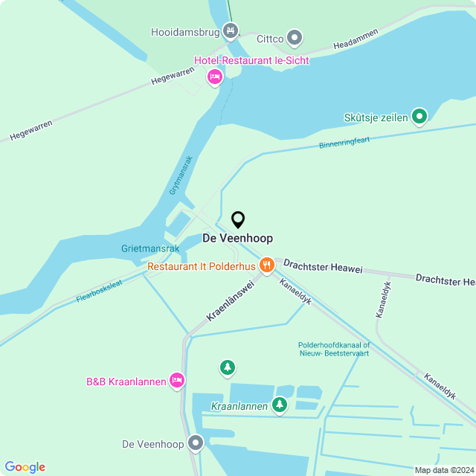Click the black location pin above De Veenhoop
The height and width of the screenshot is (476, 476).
coord(238,220)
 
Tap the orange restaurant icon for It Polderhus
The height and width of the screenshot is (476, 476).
coord(266,266)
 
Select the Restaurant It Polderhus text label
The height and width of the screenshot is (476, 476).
coord(201,266)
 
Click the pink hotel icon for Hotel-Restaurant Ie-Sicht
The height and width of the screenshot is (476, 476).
coord(215,77)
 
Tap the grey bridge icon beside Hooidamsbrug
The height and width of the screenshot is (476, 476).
coord(231,30)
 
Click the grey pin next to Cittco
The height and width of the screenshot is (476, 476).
coord(295,37)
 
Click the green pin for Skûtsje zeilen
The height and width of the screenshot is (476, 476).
coord(419,116)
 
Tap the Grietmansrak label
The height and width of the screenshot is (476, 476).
coord(150,248)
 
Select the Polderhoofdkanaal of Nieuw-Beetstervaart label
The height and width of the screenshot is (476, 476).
coord(333,349)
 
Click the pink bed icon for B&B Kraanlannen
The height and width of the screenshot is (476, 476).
coord(177,381)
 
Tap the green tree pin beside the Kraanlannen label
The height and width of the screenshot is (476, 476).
coord(279,405)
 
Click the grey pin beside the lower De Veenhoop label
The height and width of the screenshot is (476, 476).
coord(196,443)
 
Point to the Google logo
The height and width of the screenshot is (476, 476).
coord(25,467)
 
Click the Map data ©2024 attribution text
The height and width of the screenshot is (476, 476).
coord(444,470)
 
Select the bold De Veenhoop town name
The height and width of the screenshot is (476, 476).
coord(238,238)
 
